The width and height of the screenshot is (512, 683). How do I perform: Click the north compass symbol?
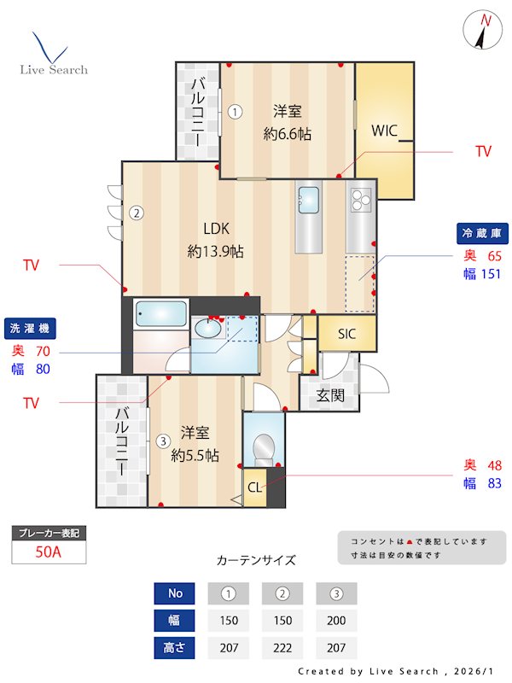484,32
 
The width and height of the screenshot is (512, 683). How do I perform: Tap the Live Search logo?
53,55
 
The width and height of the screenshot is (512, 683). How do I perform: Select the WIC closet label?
385,131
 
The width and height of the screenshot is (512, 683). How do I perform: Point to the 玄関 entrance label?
329,395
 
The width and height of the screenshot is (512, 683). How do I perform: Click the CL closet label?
255,487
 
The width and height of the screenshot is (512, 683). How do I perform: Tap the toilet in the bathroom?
264,447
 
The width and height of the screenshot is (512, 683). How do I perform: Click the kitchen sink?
308,201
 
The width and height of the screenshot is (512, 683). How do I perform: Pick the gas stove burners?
359,201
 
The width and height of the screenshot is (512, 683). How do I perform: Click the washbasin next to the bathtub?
207,328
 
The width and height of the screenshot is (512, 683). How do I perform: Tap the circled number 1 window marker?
236,110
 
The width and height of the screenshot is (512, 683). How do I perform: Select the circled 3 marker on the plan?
162,441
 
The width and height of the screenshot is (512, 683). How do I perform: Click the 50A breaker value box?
49,552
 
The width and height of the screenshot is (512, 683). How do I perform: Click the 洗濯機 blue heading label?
30,328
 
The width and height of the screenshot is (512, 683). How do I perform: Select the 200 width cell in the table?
336,621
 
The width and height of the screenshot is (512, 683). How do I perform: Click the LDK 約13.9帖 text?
215,240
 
